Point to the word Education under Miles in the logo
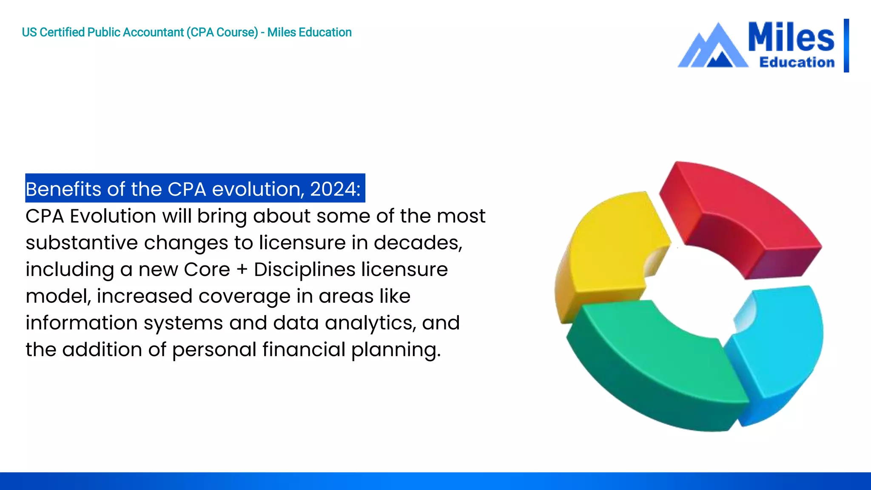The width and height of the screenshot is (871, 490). tap(797, 62)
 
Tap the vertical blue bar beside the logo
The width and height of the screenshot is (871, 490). tap(846, 46)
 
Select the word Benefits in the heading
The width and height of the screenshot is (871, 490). tap(64, 189)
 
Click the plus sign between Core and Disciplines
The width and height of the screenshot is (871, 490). tap(242, 270)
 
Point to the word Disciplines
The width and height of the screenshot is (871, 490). tap(305, 270)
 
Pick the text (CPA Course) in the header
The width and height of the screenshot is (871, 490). tap(222, 32)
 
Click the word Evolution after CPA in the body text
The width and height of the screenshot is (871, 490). tap(113, 216)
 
